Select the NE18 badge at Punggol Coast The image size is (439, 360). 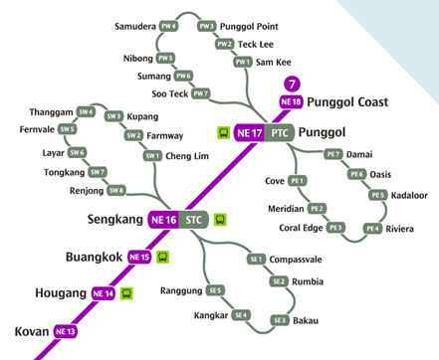291,101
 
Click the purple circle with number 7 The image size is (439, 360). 291,85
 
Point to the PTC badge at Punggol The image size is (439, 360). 281,131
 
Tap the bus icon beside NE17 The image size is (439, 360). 222,131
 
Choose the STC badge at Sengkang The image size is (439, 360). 193,220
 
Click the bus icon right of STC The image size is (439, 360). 221,220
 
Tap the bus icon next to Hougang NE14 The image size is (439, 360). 126,293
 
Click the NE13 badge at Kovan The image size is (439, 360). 66,330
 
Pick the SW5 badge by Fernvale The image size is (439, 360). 68,129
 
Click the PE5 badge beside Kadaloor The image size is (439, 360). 377,195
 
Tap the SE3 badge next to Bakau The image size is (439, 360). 280,320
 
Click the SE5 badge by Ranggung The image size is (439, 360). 215,290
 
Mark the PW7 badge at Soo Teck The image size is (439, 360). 201,93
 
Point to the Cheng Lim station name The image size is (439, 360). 187,156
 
